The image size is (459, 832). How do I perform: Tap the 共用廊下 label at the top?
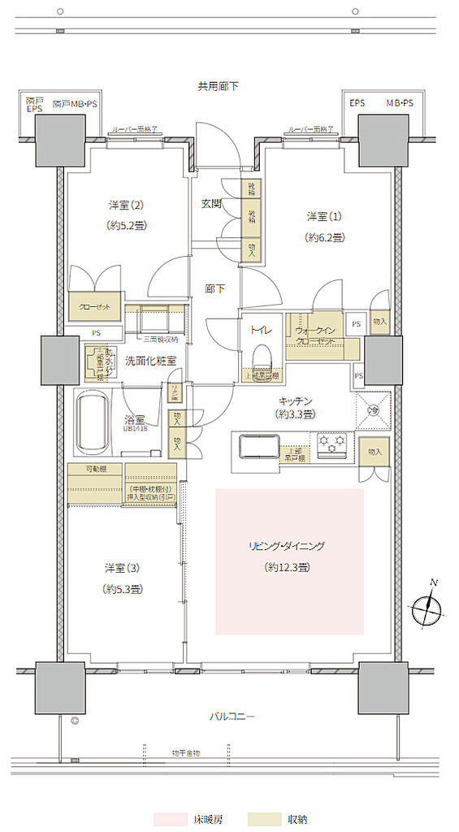click(x=218, y=85)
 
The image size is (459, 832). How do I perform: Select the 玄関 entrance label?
click(x=211, y=204)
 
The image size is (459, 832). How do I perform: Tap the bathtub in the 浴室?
click(x=96, y=424)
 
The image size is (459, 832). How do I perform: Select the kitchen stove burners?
click(x=332, y=443)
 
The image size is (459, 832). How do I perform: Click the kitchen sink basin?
click(x=253, y=448)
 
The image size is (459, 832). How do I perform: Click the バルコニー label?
click(x=232, y=717)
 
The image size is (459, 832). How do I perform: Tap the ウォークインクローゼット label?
click(x=314, y=336)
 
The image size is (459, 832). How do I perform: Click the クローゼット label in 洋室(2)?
click(x=94, y=306)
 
